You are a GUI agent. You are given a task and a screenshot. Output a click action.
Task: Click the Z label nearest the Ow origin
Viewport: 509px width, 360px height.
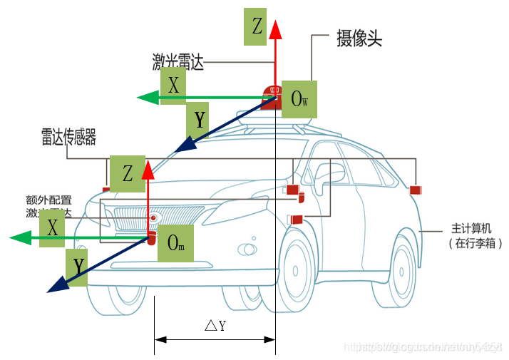pyautogui.click(x=258, y=26)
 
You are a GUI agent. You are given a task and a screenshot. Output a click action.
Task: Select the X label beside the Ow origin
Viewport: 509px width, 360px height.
pyautogui.click(x=173, y=86)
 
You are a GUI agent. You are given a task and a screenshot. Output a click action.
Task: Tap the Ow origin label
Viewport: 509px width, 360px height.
pyautogui.click(x=299, y=98)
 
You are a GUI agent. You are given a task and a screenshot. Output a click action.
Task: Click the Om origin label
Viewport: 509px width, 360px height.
pyautogui.click(x=175, y=242)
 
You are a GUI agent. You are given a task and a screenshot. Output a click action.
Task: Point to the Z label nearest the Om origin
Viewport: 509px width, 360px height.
pyautogui.click(x=128, y=173)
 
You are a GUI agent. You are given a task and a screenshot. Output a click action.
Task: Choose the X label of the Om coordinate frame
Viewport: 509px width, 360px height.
pyautogui.click(x=53, y=228)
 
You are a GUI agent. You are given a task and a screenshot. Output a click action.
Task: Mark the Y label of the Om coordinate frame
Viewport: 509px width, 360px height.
pyautogui.click(x=79, y=267)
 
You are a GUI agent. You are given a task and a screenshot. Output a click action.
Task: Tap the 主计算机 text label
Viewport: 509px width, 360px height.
pyautogui.click(x=471, y=229)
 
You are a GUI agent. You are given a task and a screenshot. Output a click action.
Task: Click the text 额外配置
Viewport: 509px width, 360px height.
pyautogui.click(x=48, y=200)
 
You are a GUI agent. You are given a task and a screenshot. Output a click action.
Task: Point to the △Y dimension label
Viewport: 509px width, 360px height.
pyautogui.click(x=215, y=326)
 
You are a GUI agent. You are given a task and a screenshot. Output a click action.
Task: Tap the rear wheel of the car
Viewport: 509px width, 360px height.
pyautogui.click(x=404, y=272)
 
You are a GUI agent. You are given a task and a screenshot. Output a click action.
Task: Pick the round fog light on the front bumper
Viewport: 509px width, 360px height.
pyautogui.click(x=247, y=250)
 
